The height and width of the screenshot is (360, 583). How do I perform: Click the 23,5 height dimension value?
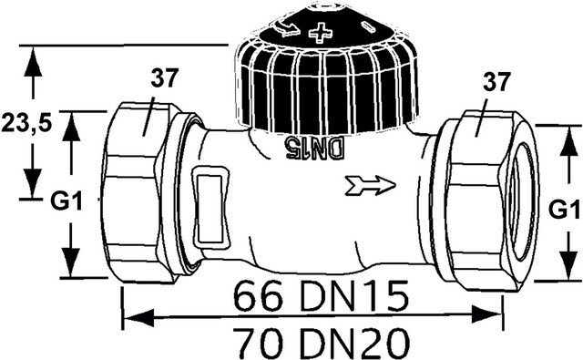coord(26,122)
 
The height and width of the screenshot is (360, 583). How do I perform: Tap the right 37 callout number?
coord(496,82)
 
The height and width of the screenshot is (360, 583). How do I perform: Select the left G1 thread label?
coord(66,202)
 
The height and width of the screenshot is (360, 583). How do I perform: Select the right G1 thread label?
coord(565,211)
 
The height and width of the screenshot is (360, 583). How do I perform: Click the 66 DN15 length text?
coord(322,296)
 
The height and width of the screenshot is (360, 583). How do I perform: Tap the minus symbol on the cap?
coord(368,27)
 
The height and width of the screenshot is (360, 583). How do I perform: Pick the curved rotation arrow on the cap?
coord(284,27)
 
